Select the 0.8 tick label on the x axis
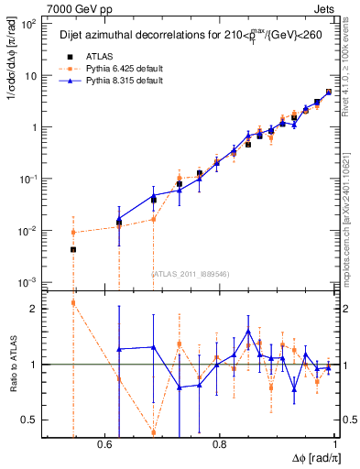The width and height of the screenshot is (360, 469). (x=219, y=444)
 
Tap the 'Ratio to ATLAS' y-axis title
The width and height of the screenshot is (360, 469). (x=14, y=364)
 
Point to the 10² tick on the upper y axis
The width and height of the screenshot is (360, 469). (x=28, y=25)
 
